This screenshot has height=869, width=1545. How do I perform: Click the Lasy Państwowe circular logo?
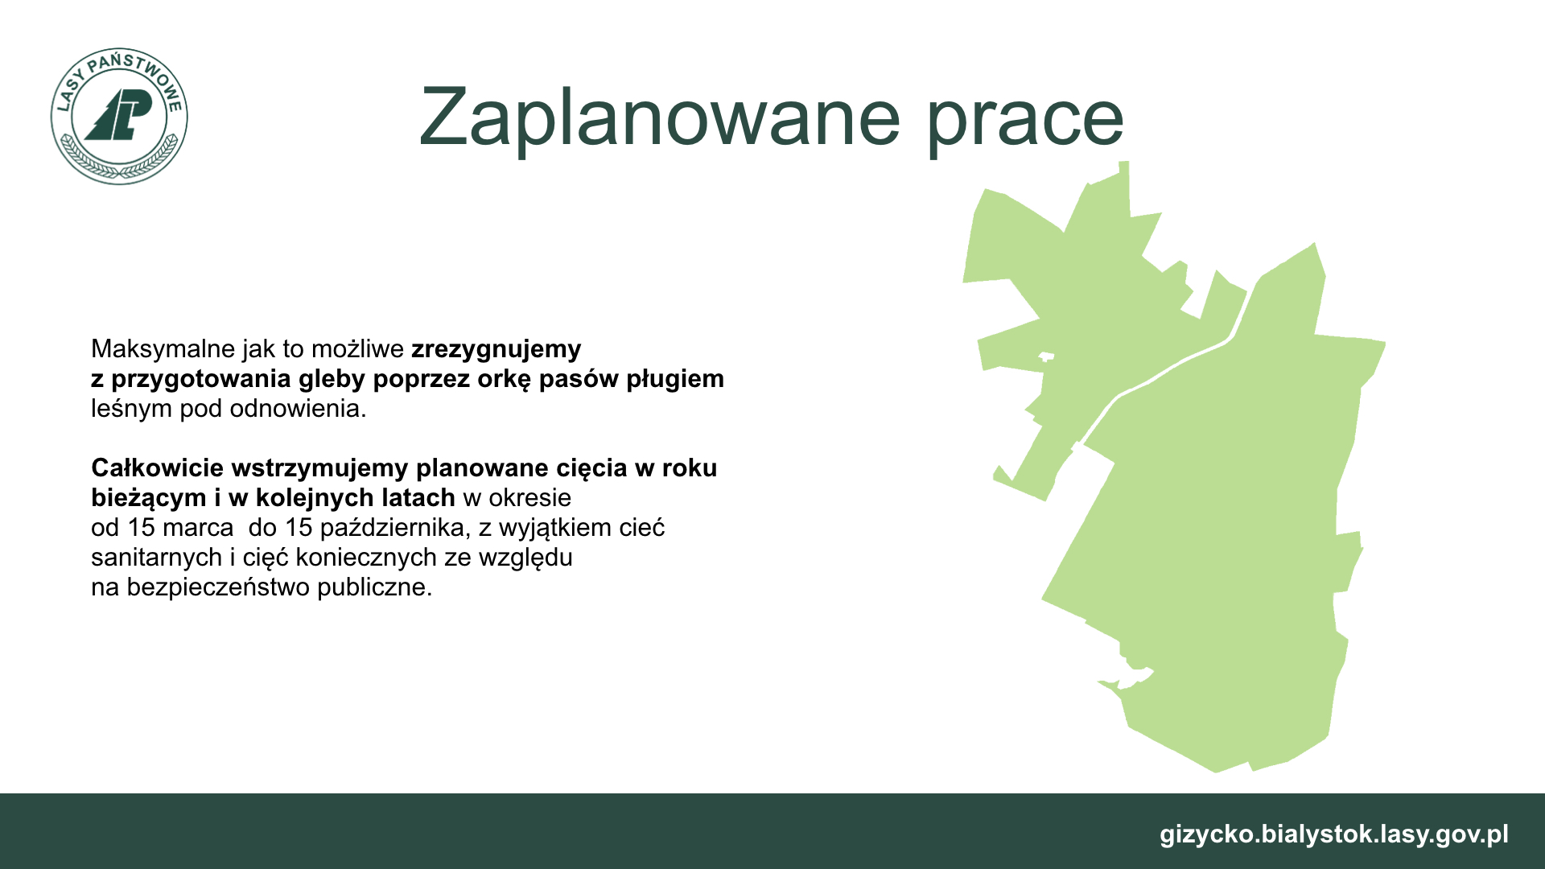tap(119, 116)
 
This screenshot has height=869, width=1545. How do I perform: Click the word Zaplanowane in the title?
tap(659, 117)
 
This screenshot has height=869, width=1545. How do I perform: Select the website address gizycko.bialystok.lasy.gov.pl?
tap(1334, 834)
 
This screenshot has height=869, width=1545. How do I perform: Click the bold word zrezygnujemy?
tap(496, 349)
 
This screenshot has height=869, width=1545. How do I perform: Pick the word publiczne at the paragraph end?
tap(374, 587)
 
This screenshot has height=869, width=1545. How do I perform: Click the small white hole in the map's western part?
tap(1046, 356)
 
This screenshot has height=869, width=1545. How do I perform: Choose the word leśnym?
tap(131, 409)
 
